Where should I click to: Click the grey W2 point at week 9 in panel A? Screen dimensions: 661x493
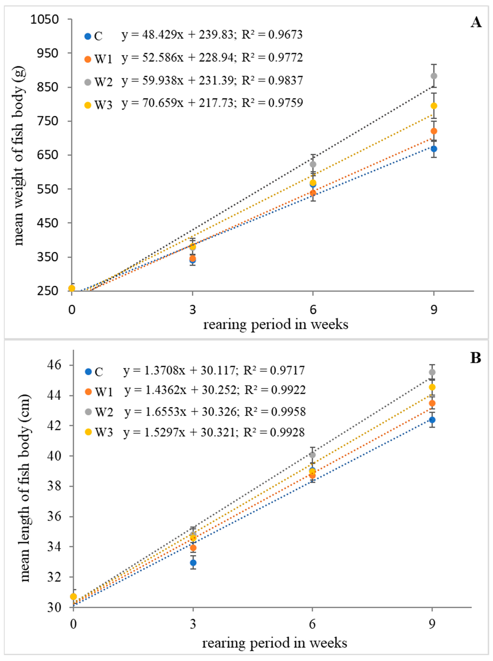[434, 76]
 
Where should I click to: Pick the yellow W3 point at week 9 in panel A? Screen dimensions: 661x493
[434, 106]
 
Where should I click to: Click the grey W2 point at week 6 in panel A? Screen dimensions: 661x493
[313, 164]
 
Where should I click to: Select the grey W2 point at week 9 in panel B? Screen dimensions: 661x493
[432, 372]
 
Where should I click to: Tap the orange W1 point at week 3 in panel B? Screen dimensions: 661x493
[193, 548]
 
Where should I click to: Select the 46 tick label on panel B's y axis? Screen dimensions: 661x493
[56, 365]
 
